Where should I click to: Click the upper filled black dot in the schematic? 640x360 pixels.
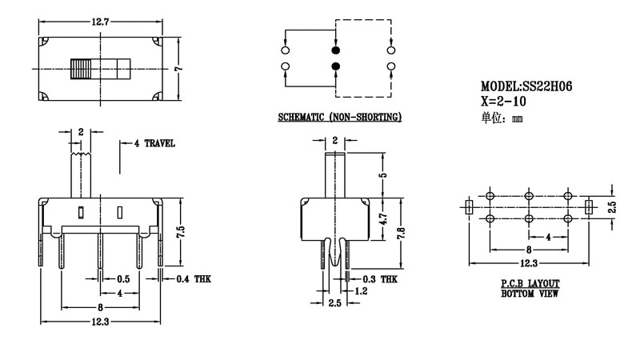[x=335, y=49]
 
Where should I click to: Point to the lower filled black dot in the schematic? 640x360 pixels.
[x=335, y=65]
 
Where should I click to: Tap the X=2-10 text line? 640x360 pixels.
[x=502, y=101]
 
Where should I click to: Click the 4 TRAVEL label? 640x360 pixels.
[x=154, y=143]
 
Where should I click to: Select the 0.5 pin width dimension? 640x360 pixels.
[x=123, y=278]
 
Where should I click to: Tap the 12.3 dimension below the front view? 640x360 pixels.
[x=100, y=322]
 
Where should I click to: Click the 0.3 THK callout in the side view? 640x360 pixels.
[x=379, y=278]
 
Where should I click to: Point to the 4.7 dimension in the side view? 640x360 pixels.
[x=383, y=218]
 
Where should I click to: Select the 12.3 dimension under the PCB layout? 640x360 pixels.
[x=528, y=263]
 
